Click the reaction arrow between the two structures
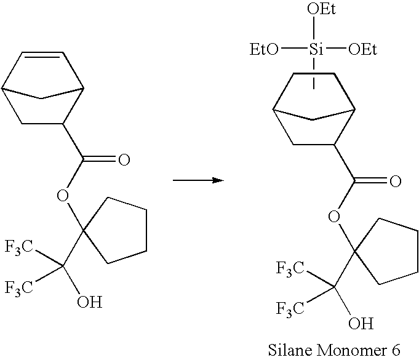click(196, 180)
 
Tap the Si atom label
click(316, 49)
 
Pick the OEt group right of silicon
click(362, 49)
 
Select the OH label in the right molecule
click(361, 322)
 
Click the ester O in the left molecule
click(62, 196)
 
